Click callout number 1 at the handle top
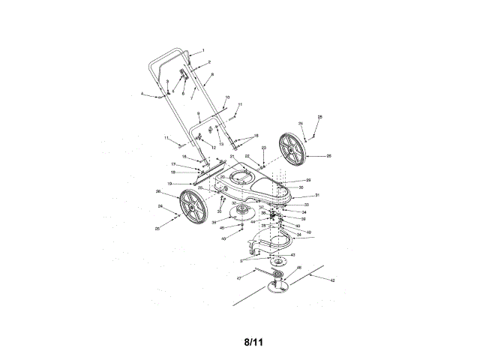click(x=202, y=49)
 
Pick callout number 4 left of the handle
click(x=142, y=94)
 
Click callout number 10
click(x=227, y=97)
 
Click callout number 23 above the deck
click(x=264, y=148)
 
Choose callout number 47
click(x=239, y=277)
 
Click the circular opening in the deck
click(x=241, y=178)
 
